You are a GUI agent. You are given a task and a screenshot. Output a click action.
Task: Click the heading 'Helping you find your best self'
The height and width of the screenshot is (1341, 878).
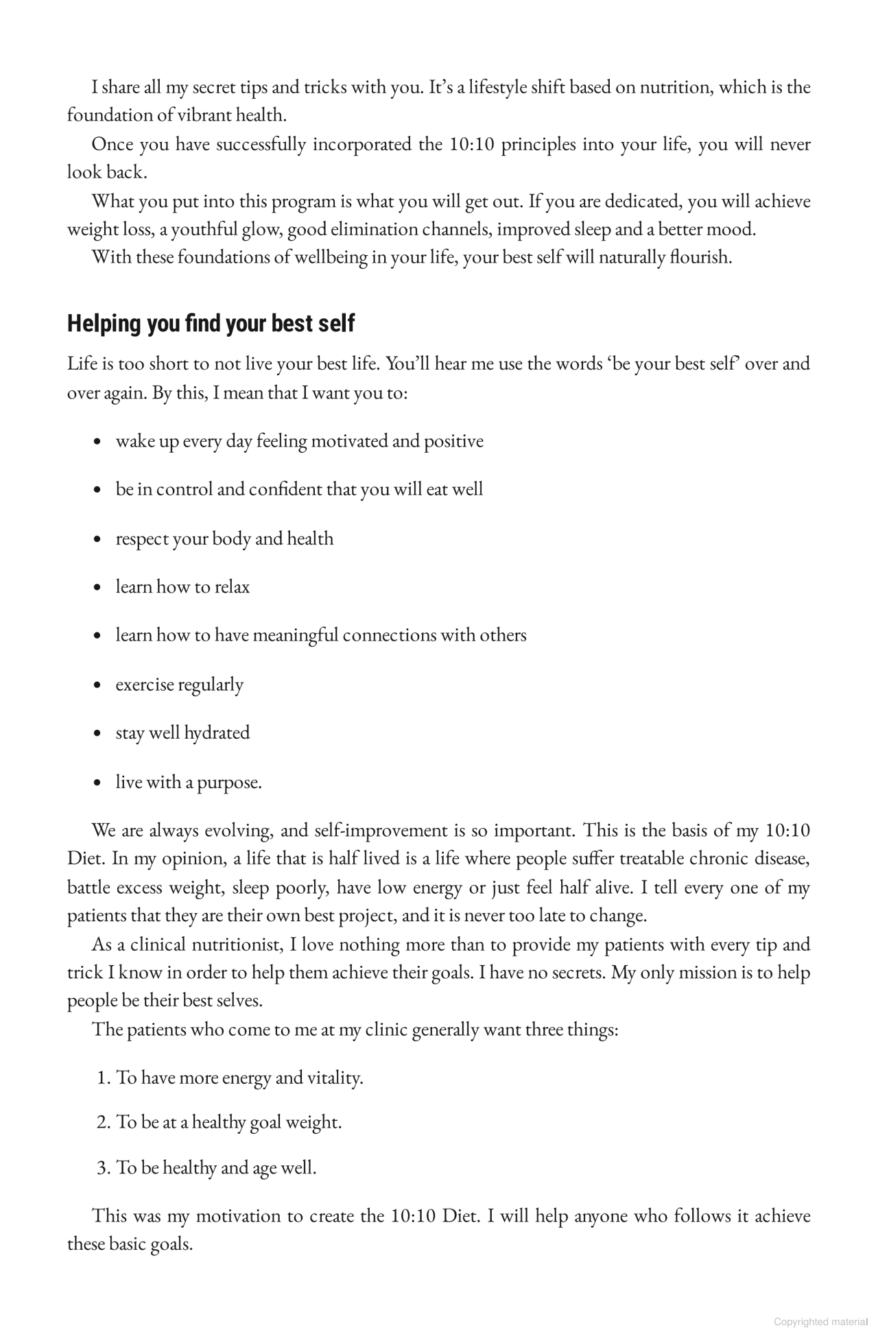pyautogui.click(x=211, y=324)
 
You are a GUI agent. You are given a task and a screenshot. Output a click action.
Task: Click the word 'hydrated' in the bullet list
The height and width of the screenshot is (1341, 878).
pyautogui.click(x=217, y=733)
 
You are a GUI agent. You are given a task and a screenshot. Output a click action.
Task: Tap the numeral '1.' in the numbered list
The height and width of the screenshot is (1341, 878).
pyautogui.click(x=104, y=1078)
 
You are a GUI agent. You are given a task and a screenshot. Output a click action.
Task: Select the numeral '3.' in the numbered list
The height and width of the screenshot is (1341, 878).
pyautogui.click(x=104, y=1167)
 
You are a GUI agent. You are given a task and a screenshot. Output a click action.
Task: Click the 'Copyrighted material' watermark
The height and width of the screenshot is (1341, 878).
pyautogui.click(x=820, y=1322)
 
